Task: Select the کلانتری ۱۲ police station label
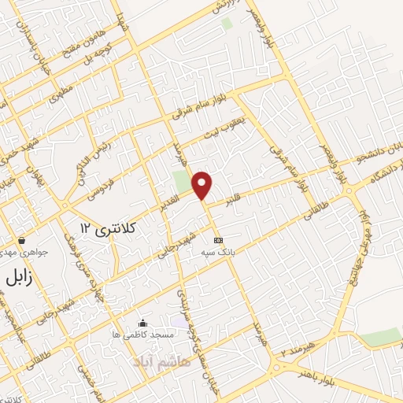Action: tap(109, 228)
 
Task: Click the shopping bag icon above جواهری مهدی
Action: tap(23, 241)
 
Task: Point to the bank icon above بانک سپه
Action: tap(218, 240)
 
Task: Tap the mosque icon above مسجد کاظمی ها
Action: tap(142, 323)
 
